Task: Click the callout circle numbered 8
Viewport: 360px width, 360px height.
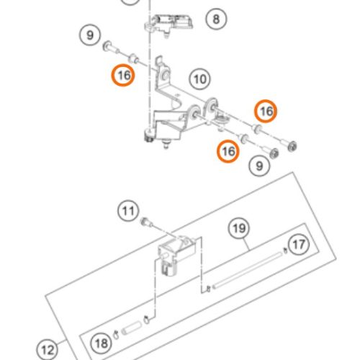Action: [x=216, y=19]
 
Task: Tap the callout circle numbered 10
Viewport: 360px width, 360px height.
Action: [x=200, y=79]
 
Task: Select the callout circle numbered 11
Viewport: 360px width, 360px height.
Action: [x=128, y=211]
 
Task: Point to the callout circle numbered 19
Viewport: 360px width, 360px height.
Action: [x=239, y=228]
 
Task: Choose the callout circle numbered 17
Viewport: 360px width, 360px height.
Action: [x=299, y=245]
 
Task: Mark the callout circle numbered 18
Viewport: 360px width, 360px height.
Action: [x=101, y=343]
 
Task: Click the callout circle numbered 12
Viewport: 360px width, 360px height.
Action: [x=48, y=350]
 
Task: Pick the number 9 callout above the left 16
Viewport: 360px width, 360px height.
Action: [x=90, y=35]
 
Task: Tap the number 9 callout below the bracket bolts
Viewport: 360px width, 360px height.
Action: [x=259, y=166]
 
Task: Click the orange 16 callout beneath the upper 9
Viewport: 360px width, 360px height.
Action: [x=124, y=75]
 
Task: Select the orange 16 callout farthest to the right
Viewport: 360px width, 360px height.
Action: [x=266, y=111]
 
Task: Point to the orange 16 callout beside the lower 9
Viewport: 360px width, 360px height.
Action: [x=228, y=151]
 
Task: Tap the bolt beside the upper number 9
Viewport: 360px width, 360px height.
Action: [x=111, y=48]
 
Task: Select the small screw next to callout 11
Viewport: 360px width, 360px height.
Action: [x=146, y=222]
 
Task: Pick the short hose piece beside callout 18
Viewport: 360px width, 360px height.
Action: [x=132, y=328]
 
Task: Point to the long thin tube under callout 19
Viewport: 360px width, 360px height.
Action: [x=248, y=269]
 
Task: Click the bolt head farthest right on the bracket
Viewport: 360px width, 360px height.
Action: [x=292, y=146]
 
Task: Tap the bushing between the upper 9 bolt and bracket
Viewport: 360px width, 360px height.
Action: [x=133, y=58]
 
